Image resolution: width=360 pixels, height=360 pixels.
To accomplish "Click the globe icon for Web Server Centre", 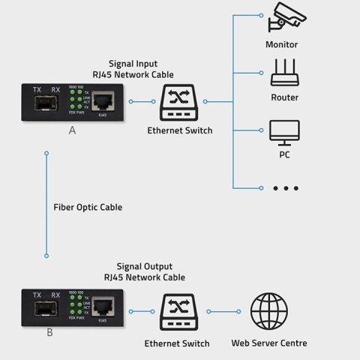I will (268, 310).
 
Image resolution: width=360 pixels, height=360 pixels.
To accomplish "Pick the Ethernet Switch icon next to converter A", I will (179, 101).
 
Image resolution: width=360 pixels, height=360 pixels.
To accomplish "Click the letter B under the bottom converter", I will (49, 332).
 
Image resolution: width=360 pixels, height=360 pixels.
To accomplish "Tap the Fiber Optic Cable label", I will (88, 207).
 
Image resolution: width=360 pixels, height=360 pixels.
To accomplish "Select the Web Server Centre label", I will (268, 343).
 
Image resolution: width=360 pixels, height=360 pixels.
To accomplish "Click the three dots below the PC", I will (285, 187).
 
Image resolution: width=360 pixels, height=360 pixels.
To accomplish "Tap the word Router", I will (284, 97).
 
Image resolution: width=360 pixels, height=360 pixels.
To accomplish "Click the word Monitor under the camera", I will (281, 44).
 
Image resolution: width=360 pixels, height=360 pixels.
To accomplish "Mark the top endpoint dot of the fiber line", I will (46, 154).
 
